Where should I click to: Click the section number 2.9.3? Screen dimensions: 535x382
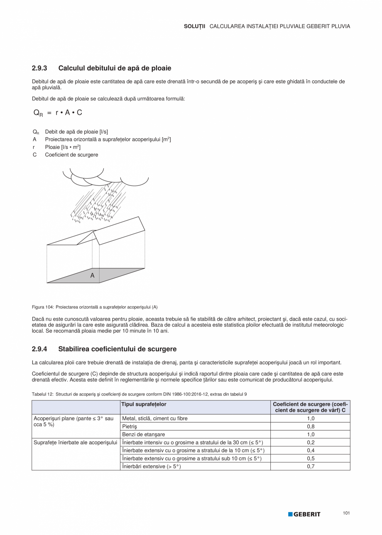point(39,68)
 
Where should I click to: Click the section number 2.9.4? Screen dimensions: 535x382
point(39,349)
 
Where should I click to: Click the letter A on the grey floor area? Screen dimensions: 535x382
point(92,275)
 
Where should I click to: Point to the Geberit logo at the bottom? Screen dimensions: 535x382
point(304,514)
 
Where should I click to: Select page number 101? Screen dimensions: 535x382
point(346,513)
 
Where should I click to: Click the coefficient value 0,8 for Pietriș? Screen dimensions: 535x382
point(310,426)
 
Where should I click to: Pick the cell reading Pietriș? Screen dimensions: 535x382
point(130,426)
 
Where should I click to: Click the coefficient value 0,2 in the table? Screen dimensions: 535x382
point(310,443)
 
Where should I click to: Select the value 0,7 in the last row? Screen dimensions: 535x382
point(310,467)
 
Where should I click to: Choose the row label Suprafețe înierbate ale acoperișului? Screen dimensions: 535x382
point(75,443)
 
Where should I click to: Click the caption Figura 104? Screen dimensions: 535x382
point(43,307)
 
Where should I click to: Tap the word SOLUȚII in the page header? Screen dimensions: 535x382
point(194,26)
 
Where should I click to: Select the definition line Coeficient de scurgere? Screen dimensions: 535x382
point(71,155)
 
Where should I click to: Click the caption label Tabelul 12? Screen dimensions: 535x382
point(42,394)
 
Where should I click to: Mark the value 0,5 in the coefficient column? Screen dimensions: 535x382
point(310,459)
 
